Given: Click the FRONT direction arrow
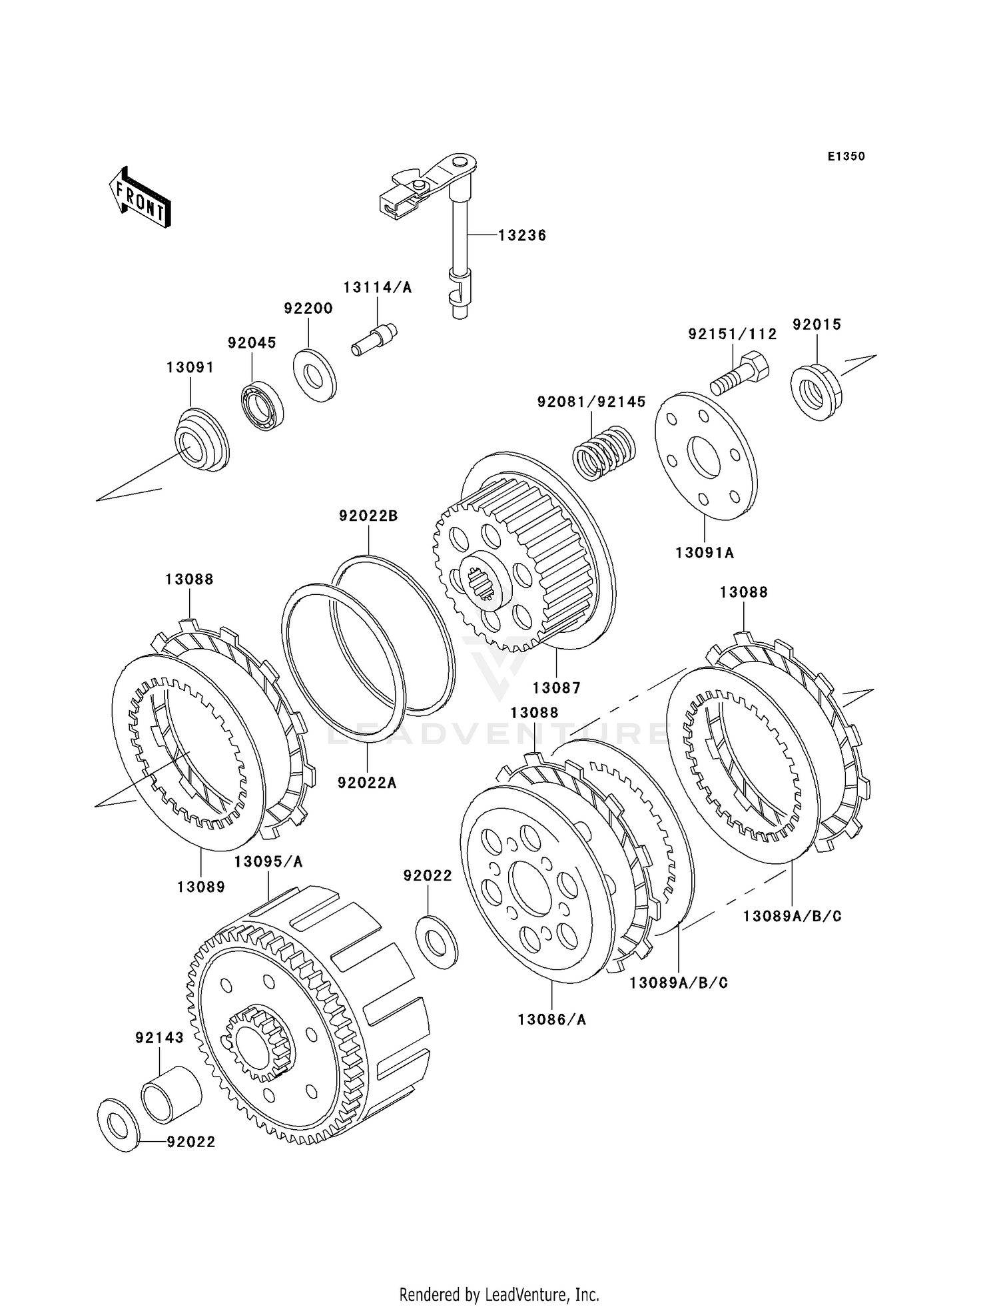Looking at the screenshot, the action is tap(140, 199).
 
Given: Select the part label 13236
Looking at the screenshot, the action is tap(522, 235).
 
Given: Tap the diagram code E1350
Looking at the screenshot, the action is tap(846, 157).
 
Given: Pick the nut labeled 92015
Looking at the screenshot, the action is tap(817, 392).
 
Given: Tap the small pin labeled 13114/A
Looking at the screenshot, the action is tap(374, 340).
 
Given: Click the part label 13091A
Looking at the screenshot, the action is tap(705, 553).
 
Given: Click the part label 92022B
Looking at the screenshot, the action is tap(368, 516).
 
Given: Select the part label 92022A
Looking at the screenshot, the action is tap(367, 783).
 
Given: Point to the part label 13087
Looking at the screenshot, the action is tap(557, 687).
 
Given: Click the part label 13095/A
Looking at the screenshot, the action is tap(268, 862).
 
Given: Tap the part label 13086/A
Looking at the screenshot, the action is tap(552, 1020).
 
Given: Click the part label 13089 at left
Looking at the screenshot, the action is tap(201, 887).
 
